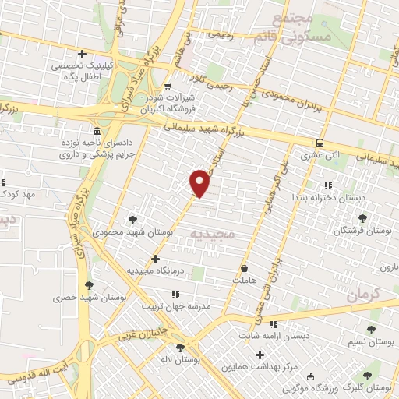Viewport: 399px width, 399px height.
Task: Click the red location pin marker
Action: click(x=200, y=184)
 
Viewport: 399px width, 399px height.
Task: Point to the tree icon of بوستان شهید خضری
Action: click(x=89, y=285)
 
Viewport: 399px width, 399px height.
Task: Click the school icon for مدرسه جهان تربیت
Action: click(x=175, y=295)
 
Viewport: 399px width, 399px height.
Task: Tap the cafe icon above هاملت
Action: click(x=245, y=266)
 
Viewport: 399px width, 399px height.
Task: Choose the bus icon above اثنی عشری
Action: click(x=320, y=143)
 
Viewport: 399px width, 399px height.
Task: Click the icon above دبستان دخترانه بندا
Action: click(x=327, y=185)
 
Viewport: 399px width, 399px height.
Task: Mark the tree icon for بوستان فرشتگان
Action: click(x=361, y=219)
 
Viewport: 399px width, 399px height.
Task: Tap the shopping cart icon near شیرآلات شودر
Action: click(x=168, y=86)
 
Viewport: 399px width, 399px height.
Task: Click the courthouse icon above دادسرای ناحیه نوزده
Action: click(x=96, y=131)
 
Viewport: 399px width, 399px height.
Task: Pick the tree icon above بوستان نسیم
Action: click(x=370, y=330)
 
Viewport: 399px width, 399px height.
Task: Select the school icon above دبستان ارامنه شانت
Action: click(x=274, y=324)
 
